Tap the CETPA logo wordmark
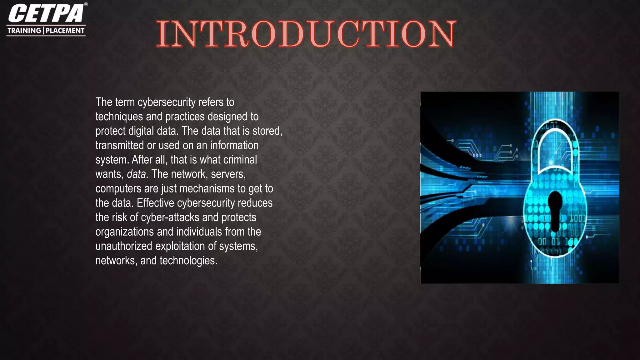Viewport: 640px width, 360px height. coord(46,13)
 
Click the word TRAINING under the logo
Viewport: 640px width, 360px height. coord(24,31)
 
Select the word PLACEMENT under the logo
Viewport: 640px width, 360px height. coord(65,31)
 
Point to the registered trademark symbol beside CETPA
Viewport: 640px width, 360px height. coord(86,4)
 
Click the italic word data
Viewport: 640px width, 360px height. coord(136,174)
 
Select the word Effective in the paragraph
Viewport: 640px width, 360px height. coord(155,203)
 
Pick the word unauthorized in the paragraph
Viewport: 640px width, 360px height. coord(124,246)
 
